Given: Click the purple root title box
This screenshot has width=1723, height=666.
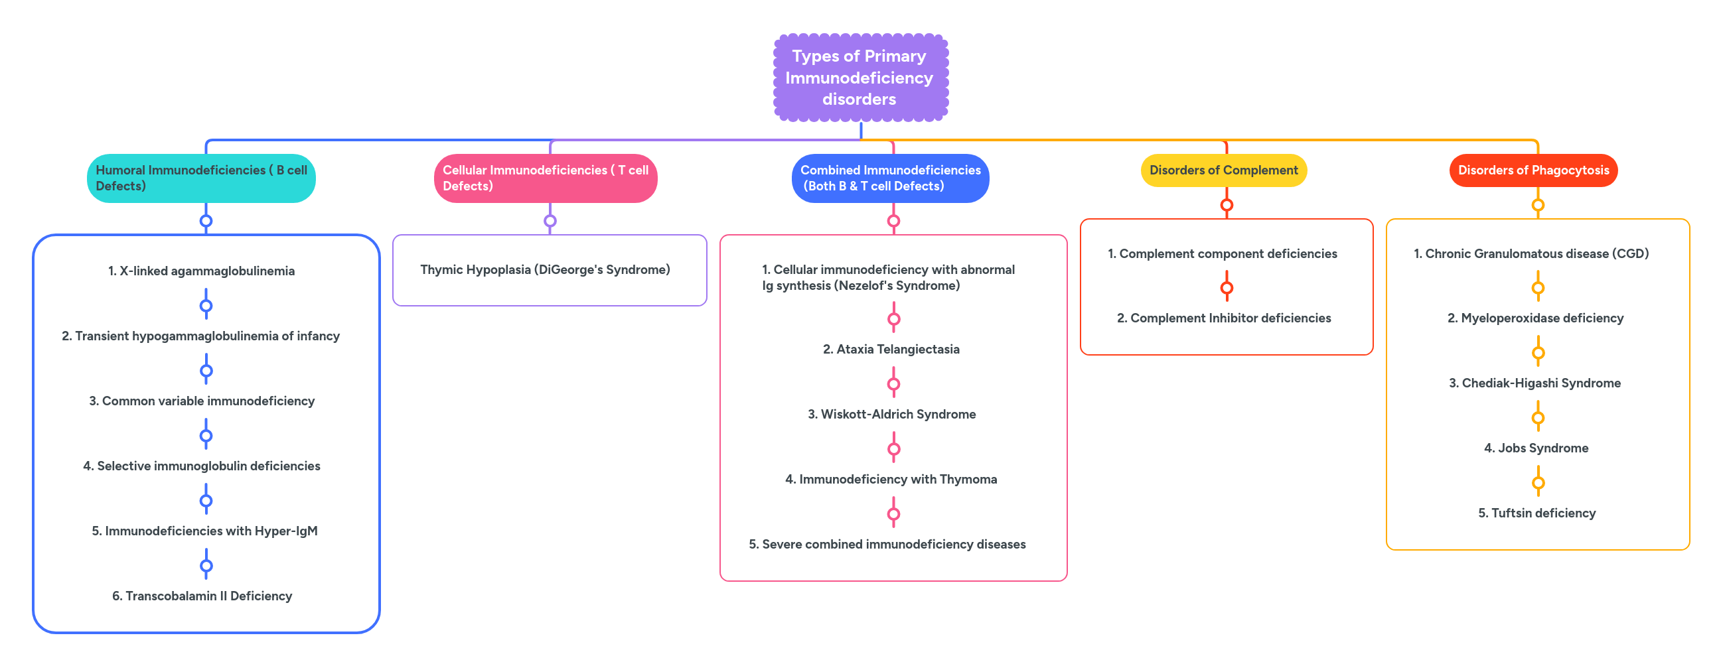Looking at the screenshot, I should (x=860, y=78).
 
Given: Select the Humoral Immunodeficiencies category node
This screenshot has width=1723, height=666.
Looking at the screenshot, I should (x=200, y=178).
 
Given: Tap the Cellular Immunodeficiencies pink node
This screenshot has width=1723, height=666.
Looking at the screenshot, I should (x=545, y=178).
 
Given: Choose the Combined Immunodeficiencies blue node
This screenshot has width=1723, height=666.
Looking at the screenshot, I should (x=889, y=178).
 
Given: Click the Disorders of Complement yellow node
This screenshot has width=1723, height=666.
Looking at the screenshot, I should (x=1223, y=170).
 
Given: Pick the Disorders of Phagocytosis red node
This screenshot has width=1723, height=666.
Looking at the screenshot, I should (x=1533, y=170).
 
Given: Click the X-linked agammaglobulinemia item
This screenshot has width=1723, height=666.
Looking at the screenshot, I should (x=201, y=271).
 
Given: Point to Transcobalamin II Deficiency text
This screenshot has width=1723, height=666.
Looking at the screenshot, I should (x=202, y=596).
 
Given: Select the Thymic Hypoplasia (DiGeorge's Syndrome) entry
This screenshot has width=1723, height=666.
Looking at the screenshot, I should (x=545, y=269).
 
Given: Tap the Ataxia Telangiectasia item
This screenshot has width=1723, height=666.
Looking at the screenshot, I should (x=891, y=349).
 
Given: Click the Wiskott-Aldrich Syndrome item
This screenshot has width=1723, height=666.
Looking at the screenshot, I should (x=891, y=414).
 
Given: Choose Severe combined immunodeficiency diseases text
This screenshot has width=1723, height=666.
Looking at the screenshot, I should (x=887, y=545).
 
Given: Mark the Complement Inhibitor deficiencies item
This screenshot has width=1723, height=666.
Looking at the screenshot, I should (x=1223, y=318).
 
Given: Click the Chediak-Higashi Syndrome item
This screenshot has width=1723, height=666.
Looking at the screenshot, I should (x=1535, y=383).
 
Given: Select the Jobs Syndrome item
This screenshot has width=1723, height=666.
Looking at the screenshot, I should (x=1536, y=448).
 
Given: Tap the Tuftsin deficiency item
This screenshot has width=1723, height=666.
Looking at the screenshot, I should (x=1536, y=513).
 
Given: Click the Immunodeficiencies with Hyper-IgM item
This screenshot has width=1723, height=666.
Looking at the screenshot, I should (x=204, y=531).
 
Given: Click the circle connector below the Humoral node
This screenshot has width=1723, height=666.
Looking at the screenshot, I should (x=206, y=221).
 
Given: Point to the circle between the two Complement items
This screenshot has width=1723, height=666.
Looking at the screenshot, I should (x=1226, y=288).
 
